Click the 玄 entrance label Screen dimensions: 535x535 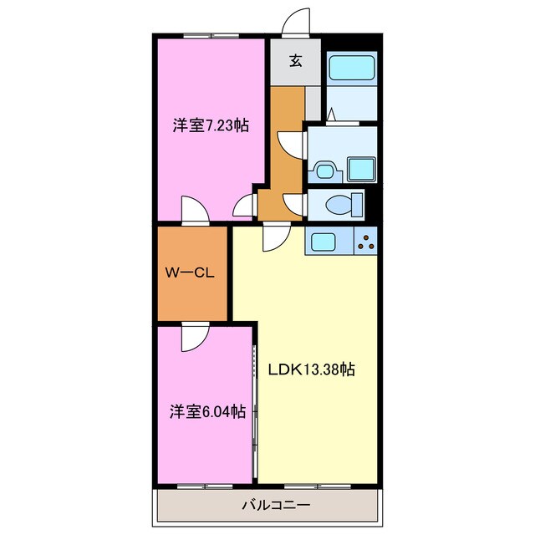click(296, 60)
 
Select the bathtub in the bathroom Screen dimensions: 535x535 click(351, 67)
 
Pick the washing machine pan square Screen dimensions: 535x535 click(361, 170)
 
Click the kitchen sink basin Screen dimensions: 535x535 click(324, 242)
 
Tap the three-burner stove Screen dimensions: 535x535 click(365, 242)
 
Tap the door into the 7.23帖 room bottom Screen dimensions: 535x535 click(191, 211)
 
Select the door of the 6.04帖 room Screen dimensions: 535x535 click(193, 336)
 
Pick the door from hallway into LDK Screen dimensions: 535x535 click(275, 237)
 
